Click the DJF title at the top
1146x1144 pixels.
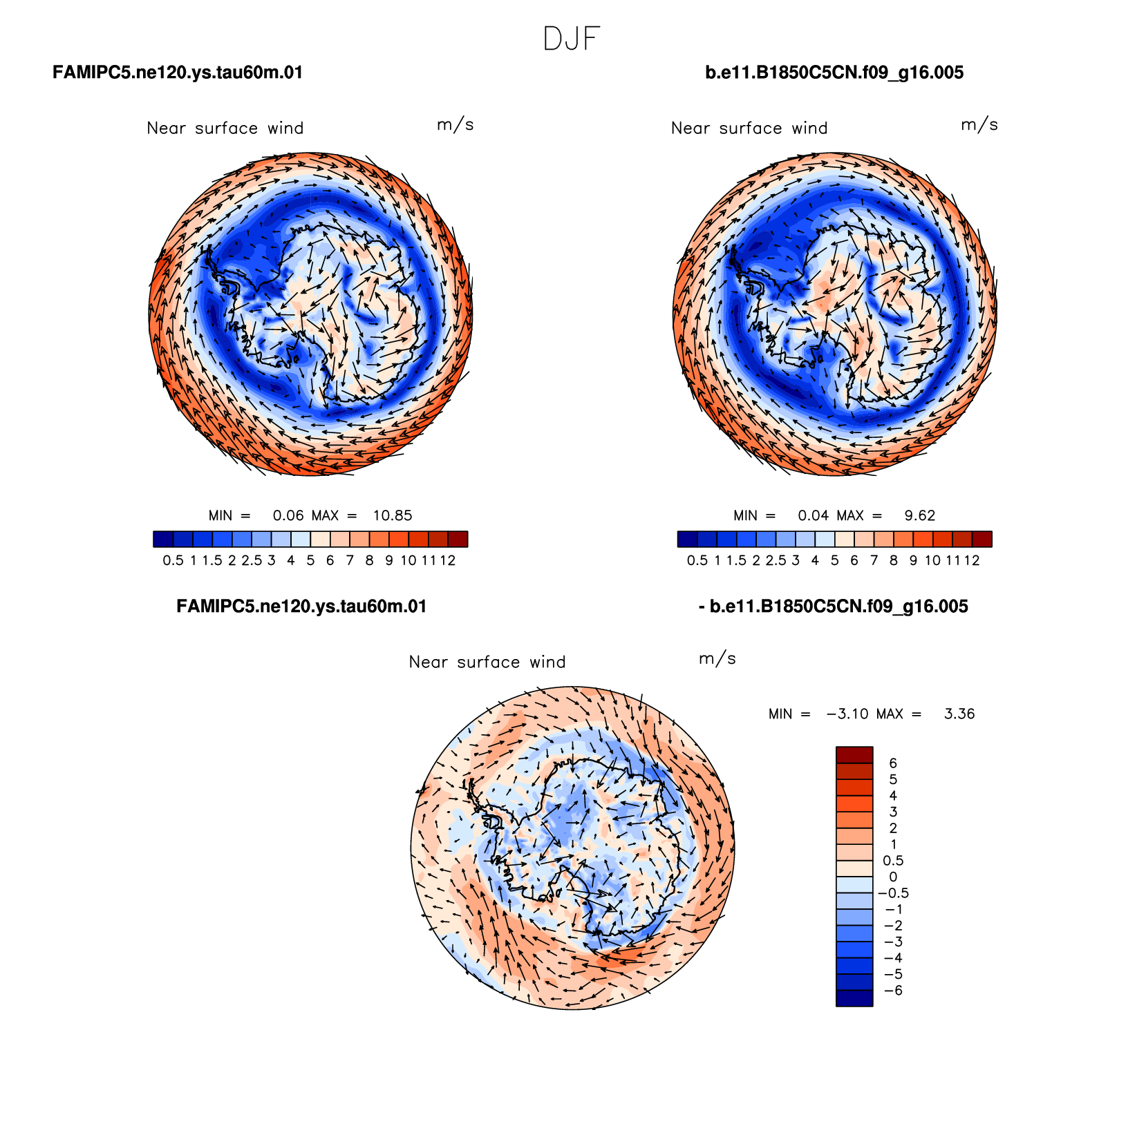(572, 39)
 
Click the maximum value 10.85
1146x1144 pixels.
(393, 515)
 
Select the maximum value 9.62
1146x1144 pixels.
(920, 515)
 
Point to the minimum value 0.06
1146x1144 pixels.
(288, 515)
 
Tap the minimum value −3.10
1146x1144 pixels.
(848, 714)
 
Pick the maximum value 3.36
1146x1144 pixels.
(959, 714)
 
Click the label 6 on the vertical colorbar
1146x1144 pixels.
(893, 763)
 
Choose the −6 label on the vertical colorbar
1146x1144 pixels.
(894, 991)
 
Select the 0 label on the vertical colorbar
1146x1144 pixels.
(893, 877)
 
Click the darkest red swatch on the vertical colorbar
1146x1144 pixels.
(854, 754)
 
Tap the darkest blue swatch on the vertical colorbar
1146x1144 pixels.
(854, 998)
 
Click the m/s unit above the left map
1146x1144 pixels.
(455, 125)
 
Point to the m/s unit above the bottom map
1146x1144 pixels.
(717, 658)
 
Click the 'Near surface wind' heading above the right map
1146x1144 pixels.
(749, 128)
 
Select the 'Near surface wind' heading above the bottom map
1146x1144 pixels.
(487, 662)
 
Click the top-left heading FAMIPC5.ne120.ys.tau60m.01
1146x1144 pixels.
(178, 73)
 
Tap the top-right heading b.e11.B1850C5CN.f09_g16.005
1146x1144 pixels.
(834, 73)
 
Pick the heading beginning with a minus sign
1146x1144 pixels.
(834, 607)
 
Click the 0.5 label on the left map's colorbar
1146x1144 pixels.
(173, 560)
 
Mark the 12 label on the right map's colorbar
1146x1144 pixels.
(972, 560)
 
